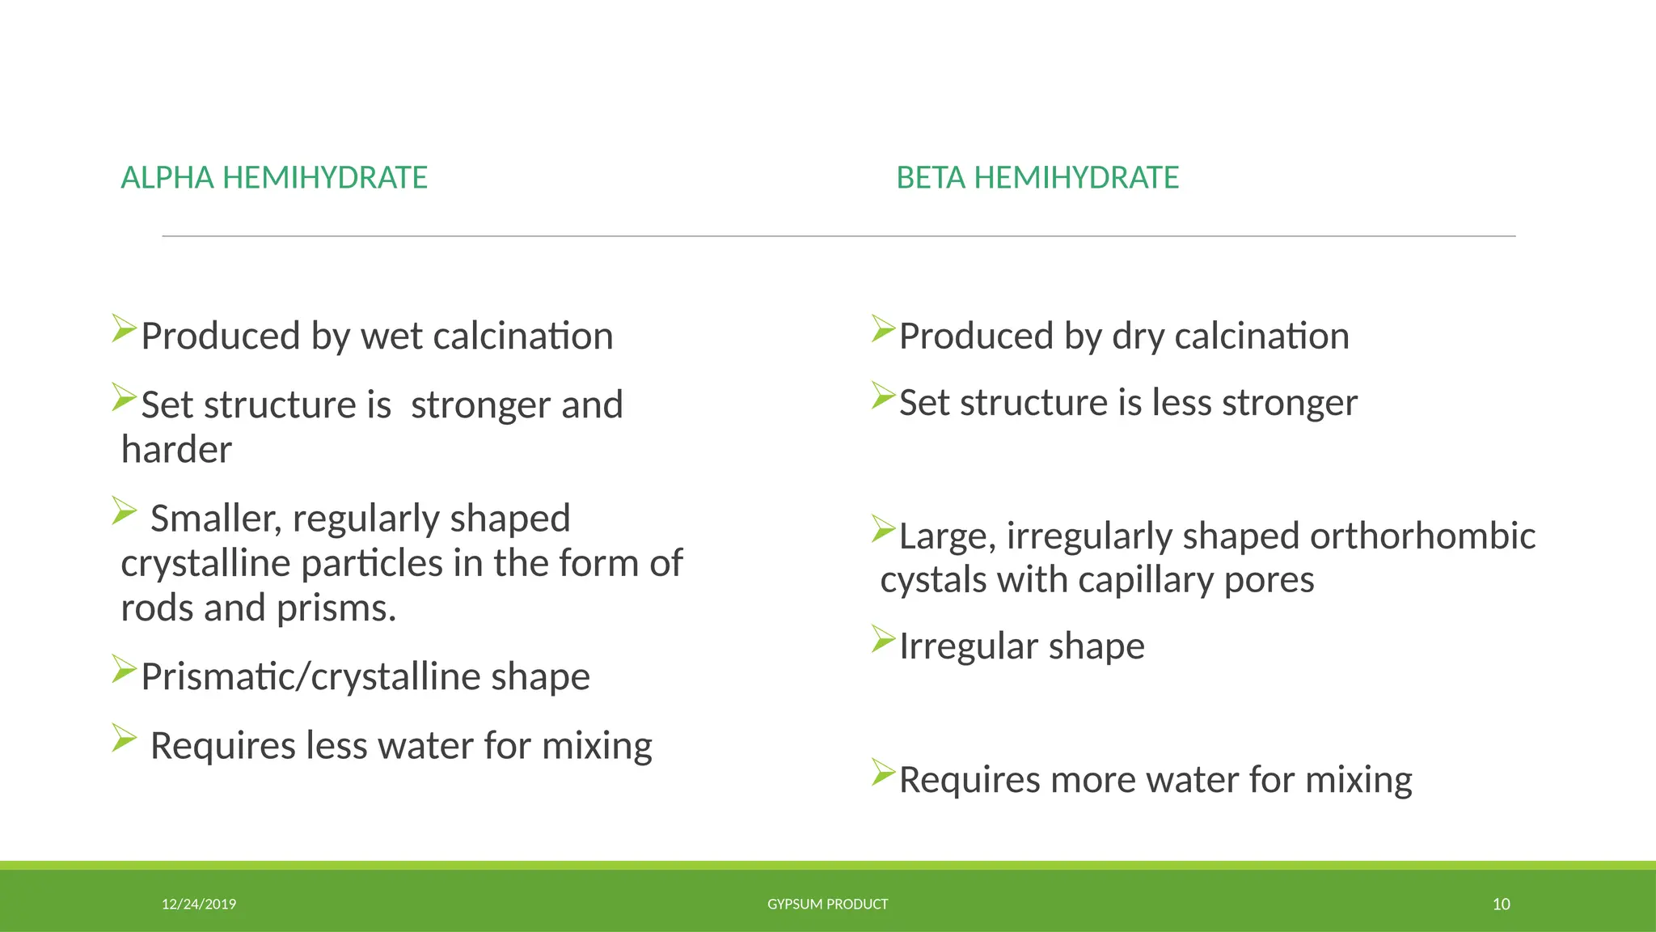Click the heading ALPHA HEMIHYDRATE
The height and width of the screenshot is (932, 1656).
pos(274,178)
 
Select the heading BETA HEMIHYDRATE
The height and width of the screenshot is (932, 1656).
pos(1037,178)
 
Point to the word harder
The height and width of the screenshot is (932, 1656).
pos(176,450)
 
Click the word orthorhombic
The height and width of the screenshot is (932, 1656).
pos(1422,536)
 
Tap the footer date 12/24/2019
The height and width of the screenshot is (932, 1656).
pos(199,904)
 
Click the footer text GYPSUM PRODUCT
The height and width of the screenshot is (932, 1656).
pos(827,904)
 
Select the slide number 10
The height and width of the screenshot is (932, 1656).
pos(1501,904)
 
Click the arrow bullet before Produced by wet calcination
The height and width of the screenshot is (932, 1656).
pos(124,328)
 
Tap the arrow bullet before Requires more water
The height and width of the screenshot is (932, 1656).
pos(883,773)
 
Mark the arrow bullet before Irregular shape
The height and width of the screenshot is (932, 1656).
pos(883,639)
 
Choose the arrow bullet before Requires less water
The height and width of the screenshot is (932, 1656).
pos(124,738)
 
